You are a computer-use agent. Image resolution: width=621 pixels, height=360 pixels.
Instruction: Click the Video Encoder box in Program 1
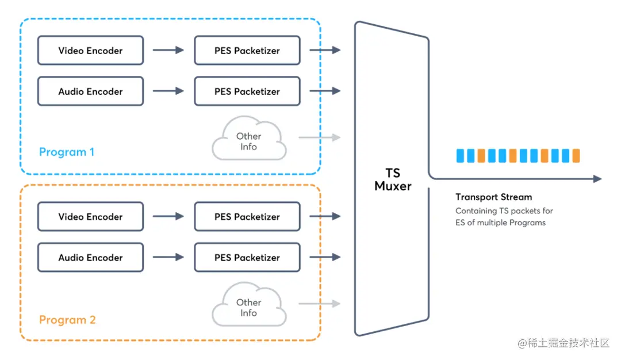click(90, 51)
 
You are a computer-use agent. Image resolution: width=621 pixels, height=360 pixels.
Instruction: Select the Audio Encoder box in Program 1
click(90, 91)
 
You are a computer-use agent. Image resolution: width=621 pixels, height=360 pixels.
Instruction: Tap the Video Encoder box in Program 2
click(90, 217)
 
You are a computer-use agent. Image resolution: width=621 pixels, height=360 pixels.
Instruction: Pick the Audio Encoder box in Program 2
click(90, 258)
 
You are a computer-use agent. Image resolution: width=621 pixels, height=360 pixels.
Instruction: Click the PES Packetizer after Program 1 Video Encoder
click(247, 51)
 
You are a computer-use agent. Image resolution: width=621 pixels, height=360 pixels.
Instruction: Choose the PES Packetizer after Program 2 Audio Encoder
click(247, 258)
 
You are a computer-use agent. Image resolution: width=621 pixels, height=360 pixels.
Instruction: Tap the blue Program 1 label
click(67, 152)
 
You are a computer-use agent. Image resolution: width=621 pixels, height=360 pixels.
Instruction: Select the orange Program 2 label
click(67, 320)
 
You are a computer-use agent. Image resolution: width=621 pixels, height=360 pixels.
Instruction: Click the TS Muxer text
click(393, 179)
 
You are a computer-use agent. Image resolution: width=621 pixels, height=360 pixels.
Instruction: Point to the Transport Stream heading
click(493, 197)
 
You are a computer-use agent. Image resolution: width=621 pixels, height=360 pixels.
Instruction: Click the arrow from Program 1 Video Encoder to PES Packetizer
click(168, 51)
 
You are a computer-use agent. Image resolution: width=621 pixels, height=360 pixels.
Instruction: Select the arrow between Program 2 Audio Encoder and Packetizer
click(168, 258)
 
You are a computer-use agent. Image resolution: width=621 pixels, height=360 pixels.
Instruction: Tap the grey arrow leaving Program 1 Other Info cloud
click(319, 137)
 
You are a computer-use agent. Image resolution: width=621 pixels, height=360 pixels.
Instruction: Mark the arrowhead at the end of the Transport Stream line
click(597, 179)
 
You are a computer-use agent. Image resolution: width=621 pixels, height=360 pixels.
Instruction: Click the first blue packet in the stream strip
click(460, 155)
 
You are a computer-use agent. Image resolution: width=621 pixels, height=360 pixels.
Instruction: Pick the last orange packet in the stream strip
click(576, 155)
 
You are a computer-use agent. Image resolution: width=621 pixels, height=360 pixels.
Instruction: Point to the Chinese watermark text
click(563, 343)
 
